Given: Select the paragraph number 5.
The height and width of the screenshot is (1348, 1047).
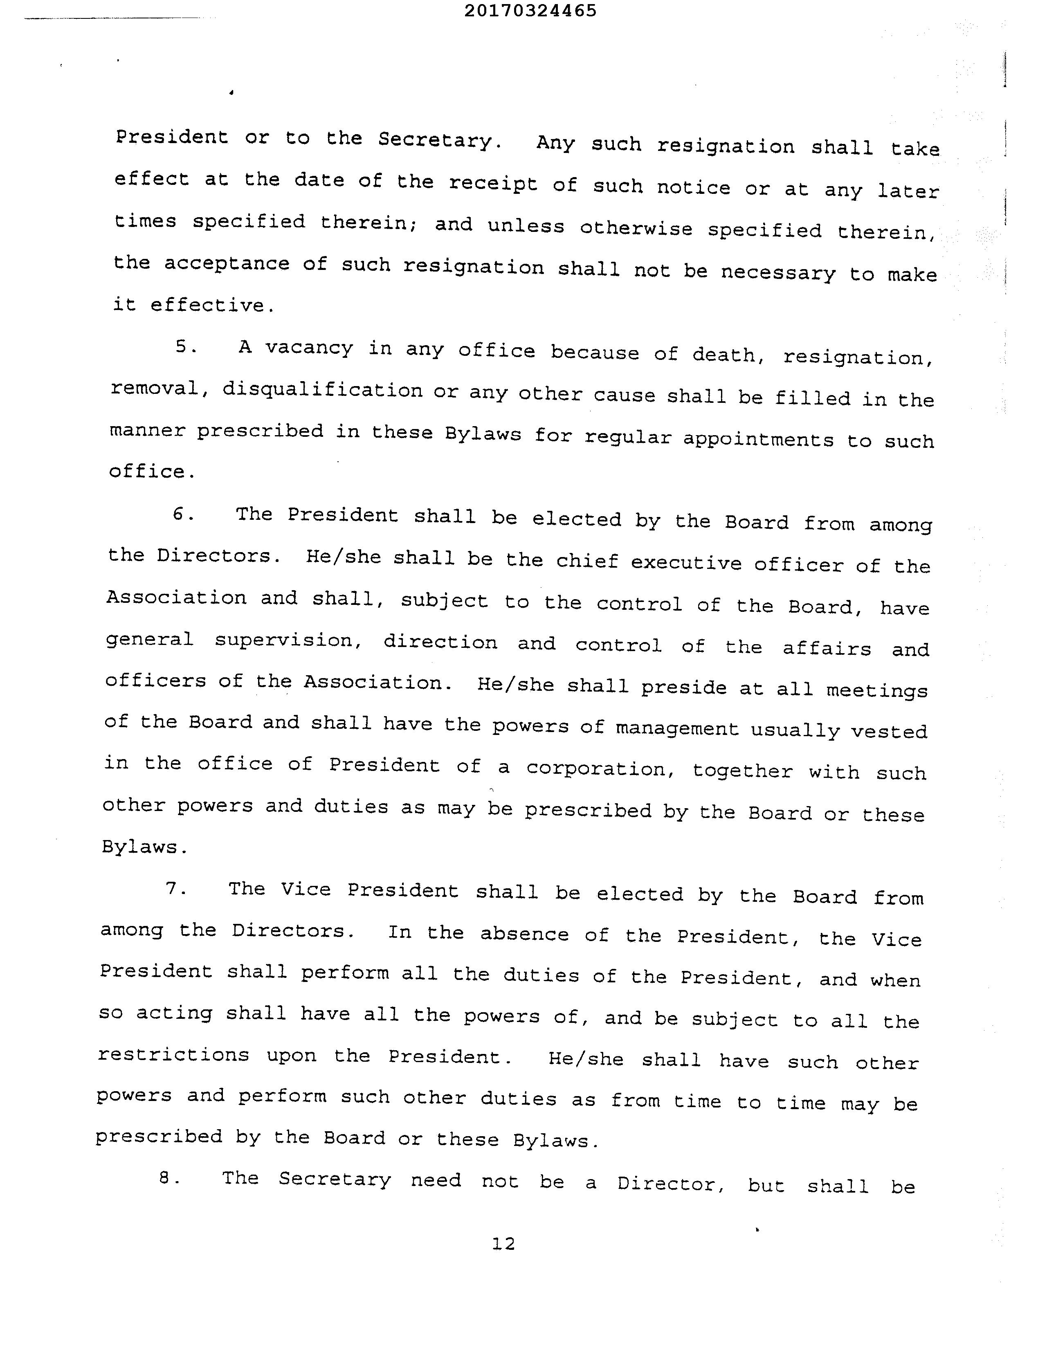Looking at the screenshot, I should point(185,347).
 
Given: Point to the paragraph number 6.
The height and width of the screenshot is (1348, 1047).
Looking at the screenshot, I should point(183,514).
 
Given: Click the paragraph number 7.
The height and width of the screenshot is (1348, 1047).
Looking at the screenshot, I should point(176,888).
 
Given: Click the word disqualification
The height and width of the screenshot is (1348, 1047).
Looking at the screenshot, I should point(322,391).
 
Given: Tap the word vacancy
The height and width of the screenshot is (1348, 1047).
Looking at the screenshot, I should point(309,348).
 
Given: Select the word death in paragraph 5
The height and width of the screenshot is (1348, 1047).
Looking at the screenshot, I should point(723,355).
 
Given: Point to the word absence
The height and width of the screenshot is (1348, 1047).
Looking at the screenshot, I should point(524,933).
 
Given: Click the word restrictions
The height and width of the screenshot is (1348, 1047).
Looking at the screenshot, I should point(173,1055).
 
